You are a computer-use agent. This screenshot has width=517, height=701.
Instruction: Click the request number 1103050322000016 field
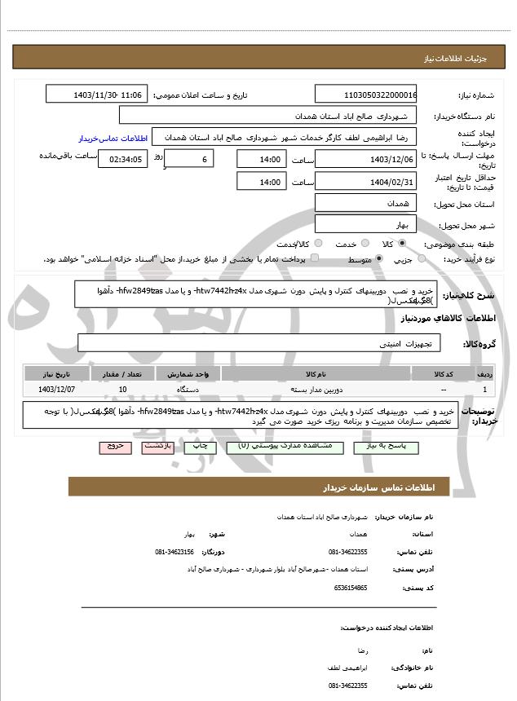(x=366, y=95)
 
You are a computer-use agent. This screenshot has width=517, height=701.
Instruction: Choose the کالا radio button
(x=403, y=244)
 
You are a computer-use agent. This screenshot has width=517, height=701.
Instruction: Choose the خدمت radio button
(x=361, y=244)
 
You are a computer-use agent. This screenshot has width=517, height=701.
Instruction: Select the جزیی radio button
(x=421, y=259)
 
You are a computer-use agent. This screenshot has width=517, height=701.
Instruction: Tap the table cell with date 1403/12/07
(x=56, y=390)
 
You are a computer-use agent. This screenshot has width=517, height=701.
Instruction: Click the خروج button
(x=112, y=446)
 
